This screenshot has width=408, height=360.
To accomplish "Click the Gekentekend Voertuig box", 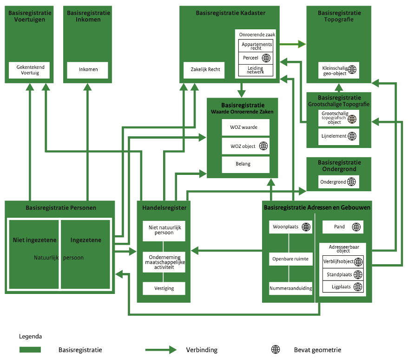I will point(30,70).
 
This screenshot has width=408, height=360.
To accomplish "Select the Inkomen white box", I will point(88,70).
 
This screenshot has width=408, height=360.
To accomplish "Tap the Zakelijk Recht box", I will point(205,70).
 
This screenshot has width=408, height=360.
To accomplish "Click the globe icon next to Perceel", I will point(266,58).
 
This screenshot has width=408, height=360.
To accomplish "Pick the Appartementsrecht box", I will point(255,46).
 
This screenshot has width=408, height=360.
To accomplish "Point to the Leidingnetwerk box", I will point(255,70).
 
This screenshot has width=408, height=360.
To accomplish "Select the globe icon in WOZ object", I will point(263,146).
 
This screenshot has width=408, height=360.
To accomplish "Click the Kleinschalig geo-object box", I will point(339,70).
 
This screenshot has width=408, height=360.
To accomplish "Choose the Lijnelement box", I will point(339,137).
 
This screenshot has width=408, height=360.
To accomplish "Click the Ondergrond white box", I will point(339,182).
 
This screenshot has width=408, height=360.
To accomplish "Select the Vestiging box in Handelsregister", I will point(164,288).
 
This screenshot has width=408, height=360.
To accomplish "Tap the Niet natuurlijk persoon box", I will point(164,230).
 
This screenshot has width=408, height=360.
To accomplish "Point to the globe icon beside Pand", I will point(356,227).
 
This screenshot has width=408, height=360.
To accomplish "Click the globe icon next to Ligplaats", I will point(358,287).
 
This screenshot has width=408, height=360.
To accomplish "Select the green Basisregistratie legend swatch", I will point(30,350).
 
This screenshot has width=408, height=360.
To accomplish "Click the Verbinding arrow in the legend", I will point(161,350).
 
